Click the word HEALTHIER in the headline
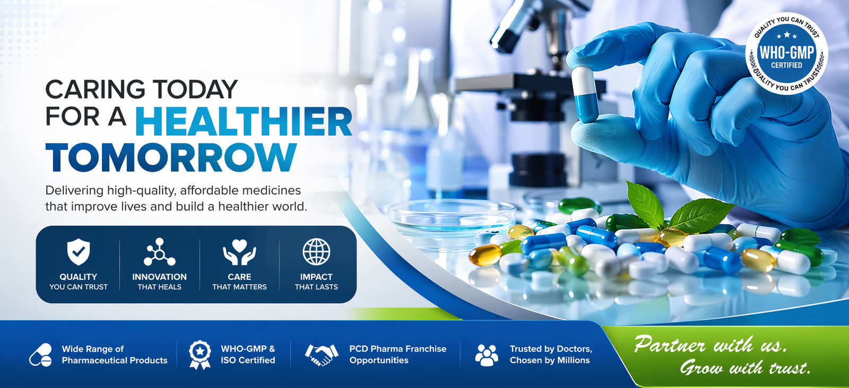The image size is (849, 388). coord(244,121)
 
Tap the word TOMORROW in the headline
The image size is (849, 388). coord(170,157)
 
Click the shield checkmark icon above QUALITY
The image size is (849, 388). coord(78,251)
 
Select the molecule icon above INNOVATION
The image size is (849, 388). coord(159,252)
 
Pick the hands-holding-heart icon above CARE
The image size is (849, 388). coord(239,252)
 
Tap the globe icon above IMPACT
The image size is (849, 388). coord(316,251)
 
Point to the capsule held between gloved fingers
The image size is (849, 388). coord(585,94)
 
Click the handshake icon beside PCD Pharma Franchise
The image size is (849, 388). coord(322,355)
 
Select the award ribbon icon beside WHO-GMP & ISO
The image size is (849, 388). coord(200,354)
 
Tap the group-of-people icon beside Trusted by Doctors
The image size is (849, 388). coord(487,355)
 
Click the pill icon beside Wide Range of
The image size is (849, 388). coord(41,355)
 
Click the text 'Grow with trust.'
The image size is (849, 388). coord(745,367)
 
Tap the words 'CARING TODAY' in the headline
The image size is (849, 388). coord(141,89)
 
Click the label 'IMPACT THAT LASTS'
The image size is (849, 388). coord(316,281)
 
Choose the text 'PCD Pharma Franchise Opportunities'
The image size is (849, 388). coord(397,354)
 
